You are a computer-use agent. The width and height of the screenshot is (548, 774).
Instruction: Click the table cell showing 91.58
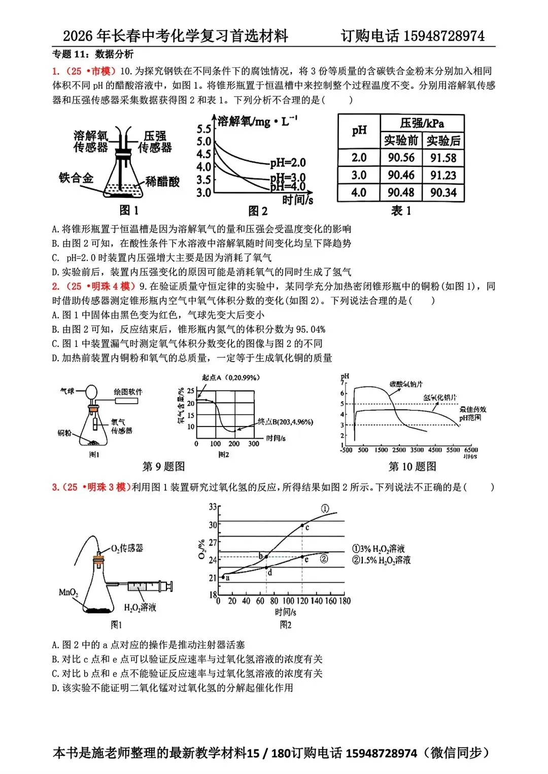click(443, 158)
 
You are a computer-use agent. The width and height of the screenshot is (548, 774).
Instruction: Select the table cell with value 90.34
click(443, 193)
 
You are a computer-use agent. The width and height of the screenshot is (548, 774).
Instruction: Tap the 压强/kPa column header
click(422, 123)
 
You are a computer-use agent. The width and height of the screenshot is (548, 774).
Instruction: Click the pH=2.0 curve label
click(288, 163)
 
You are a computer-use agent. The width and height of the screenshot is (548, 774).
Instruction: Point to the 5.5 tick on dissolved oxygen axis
click(204, 129)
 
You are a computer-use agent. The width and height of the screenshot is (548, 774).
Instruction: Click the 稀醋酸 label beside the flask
click(162, 182)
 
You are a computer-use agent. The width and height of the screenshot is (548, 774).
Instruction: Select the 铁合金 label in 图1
click(76, 178)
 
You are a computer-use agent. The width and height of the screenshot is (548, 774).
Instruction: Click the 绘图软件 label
click(128, 392)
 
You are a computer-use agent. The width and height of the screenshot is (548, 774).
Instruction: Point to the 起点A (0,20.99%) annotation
click(231, 378)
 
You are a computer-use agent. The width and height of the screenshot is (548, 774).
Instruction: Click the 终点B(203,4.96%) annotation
click(285, 422)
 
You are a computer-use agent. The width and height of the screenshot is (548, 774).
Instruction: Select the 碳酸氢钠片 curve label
click(406, 384)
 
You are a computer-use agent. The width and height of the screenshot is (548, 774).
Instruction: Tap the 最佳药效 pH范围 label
click(472, 413)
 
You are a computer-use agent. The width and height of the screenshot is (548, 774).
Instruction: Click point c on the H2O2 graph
click(302, 526)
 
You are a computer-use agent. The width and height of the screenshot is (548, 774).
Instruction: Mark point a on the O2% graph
click(223, 577)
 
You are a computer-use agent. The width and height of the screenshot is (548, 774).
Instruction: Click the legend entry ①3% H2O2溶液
click(379, 549)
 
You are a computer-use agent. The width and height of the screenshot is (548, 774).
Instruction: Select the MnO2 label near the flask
click(68, 592)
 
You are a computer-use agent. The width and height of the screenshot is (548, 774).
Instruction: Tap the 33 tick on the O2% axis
click(213, 507)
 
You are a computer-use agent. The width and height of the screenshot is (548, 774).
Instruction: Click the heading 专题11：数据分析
click(93, 54)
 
